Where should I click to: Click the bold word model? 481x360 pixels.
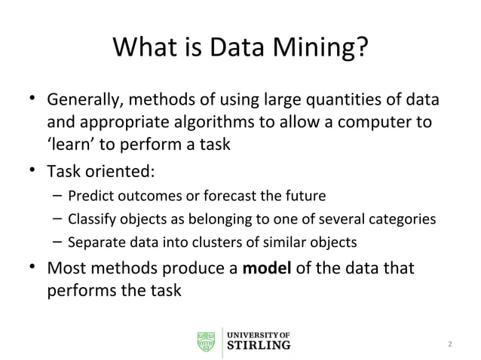point(267,267)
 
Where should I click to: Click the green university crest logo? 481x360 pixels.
point(206,340)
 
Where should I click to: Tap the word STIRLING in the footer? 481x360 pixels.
point(259,346)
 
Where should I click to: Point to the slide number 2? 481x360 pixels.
point(450,345)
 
